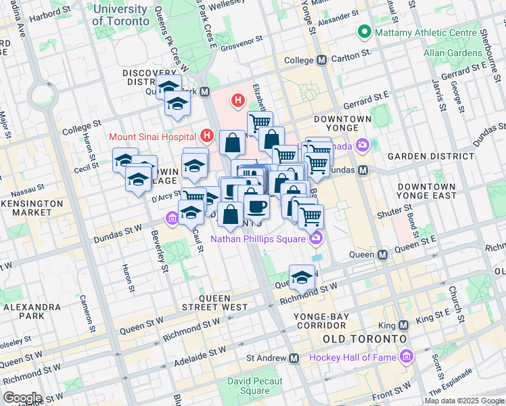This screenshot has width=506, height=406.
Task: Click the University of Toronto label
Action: coord(120,15)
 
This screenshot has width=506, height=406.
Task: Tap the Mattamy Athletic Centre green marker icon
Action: coord(365,32)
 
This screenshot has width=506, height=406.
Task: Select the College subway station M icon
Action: coord(321,60)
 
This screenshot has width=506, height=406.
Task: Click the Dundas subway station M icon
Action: coord(363,170)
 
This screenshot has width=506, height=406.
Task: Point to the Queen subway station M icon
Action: coord(382,254)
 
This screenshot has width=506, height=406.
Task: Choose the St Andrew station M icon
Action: coord(294,358)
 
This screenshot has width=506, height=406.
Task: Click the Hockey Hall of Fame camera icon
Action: coord(406,357)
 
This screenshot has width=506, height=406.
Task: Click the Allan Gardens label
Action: coord(452,52)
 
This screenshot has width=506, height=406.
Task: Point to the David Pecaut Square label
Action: coord(249,386)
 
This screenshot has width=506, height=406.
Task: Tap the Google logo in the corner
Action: coord(22,397)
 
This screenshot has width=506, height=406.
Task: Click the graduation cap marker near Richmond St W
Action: coord(302,277)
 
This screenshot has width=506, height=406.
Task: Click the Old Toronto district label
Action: coord(364,338)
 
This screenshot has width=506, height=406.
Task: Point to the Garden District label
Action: coord(425,156)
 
